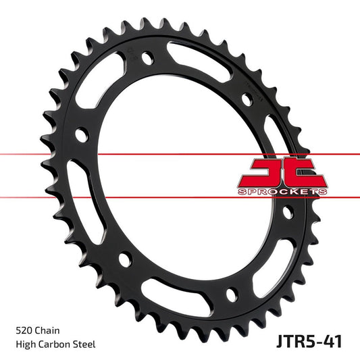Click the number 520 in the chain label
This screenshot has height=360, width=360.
point(24,331)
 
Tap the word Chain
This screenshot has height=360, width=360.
point(49,331)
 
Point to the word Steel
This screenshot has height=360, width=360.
point(86,344)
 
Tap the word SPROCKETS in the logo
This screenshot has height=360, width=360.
point(283,192)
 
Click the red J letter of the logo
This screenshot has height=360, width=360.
point(260,172)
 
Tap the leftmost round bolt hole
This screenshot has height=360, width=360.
point(82,136)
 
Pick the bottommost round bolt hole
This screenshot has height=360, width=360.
point(232,294)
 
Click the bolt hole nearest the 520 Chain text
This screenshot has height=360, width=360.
point(124,259)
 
